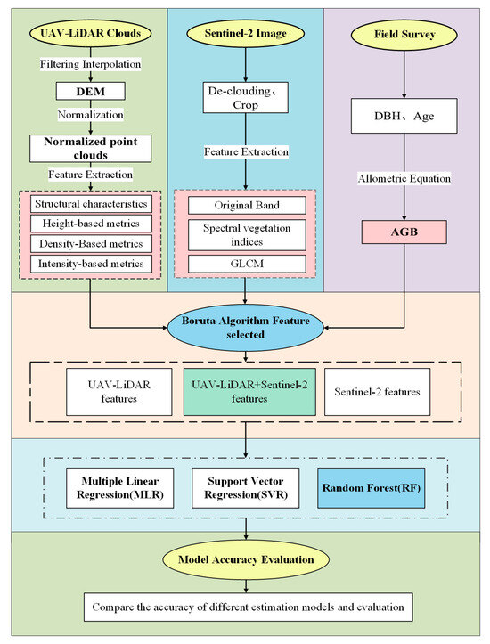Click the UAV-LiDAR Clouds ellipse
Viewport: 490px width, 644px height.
(x=90, y=33)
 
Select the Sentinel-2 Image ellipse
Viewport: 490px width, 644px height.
(x=245, y=33)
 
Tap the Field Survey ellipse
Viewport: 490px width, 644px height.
(x=404, y=35)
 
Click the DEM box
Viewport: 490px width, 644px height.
(x=90, y=91)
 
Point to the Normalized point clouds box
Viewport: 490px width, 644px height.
(x=90, y=148)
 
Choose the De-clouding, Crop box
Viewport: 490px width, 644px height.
(x=245, y=98)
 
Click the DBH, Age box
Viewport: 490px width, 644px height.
(x=404, y=116)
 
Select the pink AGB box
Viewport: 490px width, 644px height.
(x=404, y=232)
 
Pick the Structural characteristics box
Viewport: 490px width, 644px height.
(x=91, y=204)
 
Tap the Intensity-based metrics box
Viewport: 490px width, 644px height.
(x=91, y=264)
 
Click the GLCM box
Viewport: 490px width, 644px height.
(x=247, y=264)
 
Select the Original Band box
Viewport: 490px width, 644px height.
(x=247, y=206)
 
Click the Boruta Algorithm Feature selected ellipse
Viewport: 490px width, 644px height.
(x=245, y=328)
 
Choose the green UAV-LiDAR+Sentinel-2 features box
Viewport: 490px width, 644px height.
(x=249, y=392)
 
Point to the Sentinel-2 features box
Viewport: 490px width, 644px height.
(x=377, y=392)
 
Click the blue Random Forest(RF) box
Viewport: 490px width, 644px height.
(x=372, y=488)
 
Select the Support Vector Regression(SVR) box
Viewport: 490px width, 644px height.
(x=246, y=488)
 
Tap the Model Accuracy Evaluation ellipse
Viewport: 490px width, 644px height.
(x=246, y=559)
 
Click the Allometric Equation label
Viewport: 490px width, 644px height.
(x=404, y=179)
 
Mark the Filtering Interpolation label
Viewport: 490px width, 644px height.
(x=90, y=64)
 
